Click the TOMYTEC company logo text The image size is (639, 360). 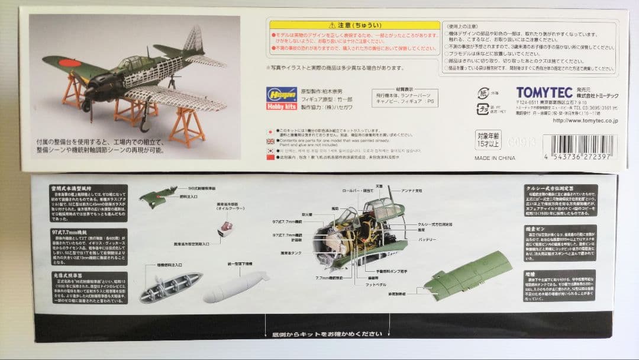tap(544, 92)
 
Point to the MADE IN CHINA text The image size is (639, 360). tap(495, 158)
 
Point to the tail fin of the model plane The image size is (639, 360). tap(193, 41)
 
